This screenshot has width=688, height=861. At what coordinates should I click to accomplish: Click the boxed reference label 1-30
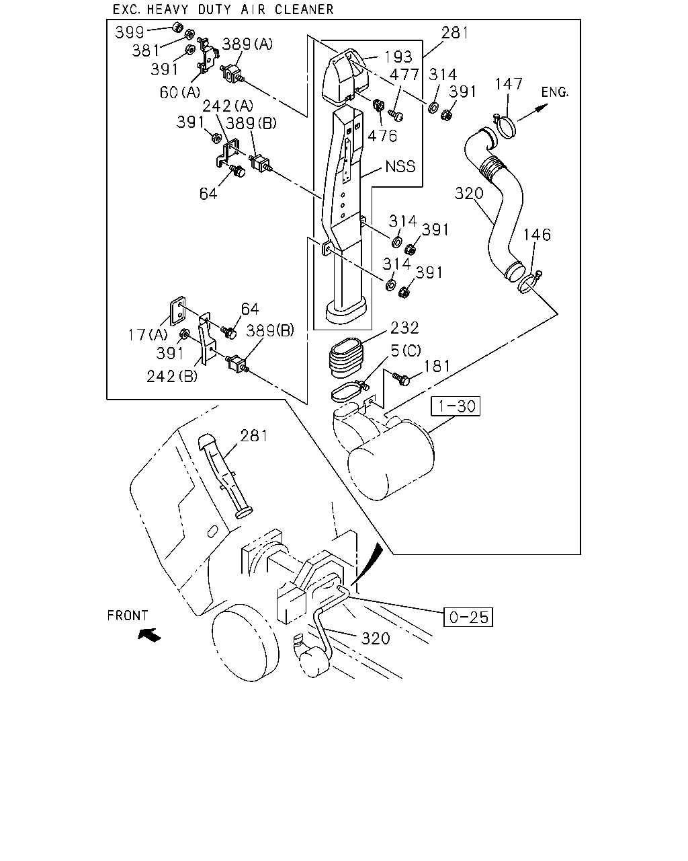click(456, 406)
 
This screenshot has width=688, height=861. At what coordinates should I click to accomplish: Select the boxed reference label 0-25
click(468, 617)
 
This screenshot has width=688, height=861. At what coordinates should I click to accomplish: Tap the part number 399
click(130, 32)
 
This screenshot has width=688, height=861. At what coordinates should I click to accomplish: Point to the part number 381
click(146, 51)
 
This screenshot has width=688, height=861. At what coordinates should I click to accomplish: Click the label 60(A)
click(180, 92)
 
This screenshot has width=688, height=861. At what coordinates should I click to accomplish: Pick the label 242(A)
click(228, 106)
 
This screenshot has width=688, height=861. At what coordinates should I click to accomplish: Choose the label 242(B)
click(172, 376)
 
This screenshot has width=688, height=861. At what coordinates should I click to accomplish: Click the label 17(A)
click(148, 334)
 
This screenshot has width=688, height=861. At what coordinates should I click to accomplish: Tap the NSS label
click(400, 166)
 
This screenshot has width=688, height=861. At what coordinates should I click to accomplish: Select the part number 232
click(404, 328)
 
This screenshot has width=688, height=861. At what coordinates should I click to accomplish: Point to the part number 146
click(537, 235)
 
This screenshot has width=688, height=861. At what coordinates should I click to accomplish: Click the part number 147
click(509, 84)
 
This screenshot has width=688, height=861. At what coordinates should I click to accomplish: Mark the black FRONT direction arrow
click(150, 634)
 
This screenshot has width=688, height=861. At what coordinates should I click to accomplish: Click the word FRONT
click(128, 615)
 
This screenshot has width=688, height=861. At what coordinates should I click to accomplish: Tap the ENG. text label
click(555, 92)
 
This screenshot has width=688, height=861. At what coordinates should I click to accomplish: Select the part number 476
click(382, 136)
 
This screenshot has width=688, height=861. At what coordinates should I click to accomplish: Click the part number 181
click(437, 366)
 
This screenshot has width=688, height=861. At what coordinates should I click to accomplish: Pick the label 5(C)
click(406, 351)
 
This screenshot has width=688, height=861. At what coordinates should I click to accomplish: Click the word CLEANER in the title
click(304, 9)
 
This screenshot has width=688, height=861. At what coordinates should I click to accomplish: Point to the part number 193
click(398, 57)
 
